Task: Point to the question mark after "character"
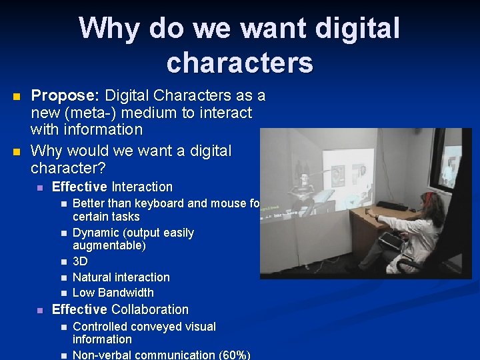click(104, 167)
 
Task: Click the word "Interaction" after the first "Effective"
click(142, 187)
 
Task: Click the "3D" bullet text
click(79, 261)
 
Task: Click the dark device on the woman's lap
click(389, 240)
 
